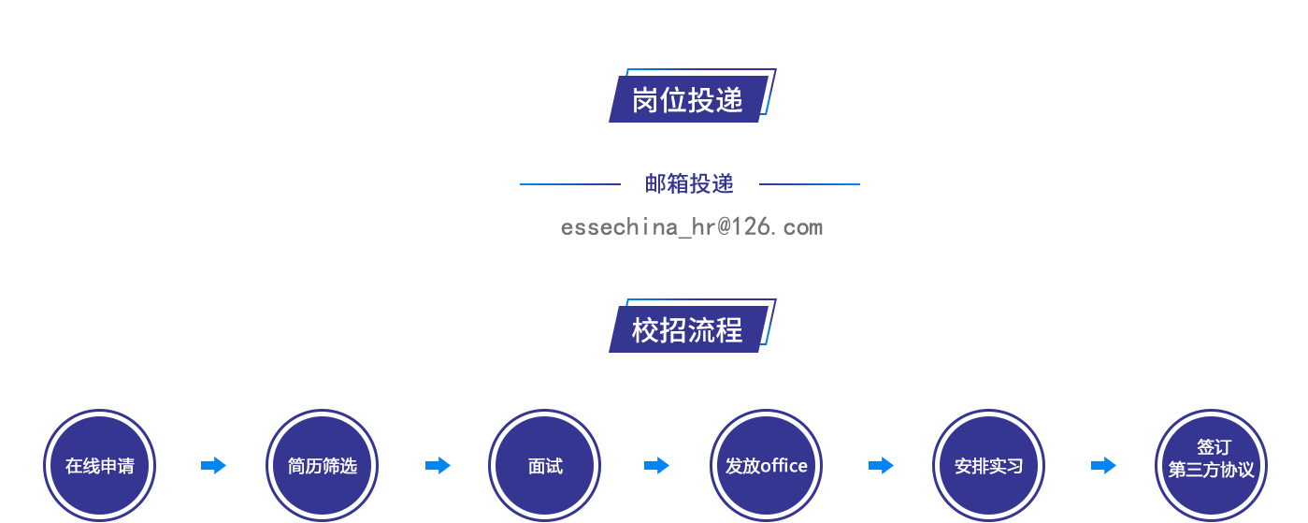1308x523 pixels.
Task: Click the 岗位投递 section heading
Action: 688,98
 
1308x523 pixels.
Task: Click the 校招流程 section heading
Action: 688,328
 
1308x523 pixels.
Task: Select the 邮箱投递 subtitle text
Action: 689,183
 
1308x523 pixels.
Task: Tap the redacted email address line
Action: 692,227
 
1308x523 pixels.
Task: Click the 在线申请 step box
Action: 100,465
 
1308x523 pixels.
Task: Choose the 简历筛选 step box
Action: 322,465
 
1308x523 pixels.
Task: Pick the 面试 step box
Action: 544,465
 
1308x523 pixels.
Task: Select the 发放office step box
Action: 766,465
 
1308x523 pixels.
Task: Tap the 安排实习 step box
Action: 988,465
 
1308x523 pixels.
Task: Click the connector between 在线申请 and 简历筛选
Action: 213,465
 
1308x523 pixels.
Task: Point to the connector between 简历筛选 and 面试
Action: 438,465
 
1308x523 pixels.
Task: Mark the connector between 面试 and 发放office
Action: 656,465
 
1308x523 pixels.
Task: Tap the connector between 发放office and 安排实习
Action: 881,465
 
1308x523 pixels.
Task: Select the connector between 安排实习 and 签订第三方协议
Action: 1103,465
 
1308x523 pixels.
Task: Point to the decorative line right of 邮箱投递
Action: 809,184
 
